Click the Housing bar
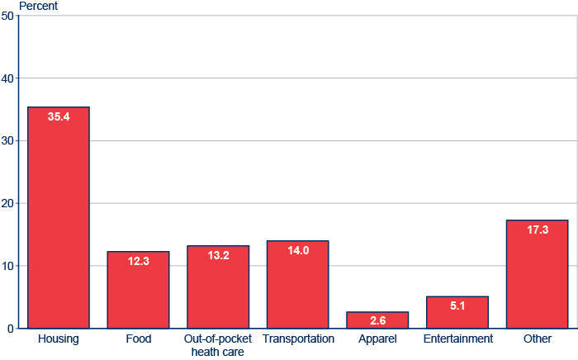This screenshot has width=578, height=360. coord(59,218)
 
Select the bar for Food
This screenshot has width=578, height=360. coord(138,290)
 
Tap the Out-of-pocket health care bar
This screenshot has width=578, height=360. coord(218,287)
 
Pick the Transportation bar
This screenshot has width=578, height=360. coord(297,285)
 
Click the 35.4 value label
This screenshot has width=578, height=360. coord(59,117)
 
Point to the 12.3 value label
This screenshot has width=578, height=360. coord(138,262)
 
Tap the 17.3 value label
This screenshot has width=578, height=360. coord(537,230)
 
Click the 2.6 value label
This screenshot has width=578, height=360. coord(377,320)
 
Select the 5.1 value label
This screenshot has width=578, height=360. coord(457,306)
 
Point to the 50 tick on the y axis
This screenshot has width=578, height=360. coord(7,16)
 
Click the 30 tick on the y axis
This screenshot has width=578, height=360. coord(7,141)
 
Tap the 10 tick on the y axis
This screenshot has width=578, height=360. coord(7,266)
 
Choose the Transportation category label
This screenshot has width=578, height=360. coord(298,339)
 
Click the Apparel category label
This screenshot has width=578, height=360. coord(377,339)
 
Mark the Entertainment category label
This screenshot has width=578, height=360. coord(457,339)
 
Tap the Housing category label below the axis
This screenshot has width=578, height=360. coord(59,339)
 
